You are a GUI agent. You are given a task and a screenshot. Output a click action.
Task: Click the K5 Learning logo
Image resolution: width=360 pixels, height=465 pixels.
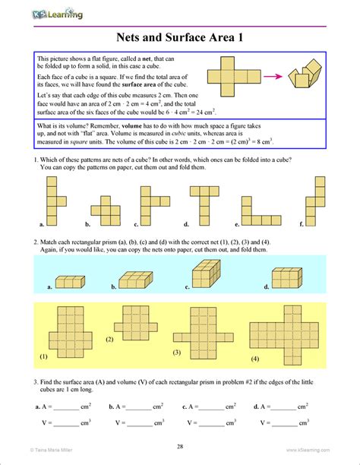[x=57, y=12]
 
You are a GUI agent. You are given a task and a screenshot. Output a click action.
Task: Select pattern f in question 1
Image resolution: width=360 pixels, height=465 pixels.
[x=317, y=200]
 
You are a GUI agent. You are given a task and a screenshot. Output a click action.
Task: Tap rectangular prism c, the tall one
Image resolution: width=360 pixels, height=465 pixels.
[x=206, y=275]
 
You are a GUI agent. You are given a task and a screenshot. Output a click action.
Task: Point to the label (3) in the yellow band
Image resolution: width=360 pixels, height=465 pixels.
[x=177, y=353]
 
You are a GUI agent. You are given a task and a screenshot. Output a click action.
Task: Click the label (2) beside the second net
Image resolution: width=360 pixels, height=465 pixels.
[x=109, y=338]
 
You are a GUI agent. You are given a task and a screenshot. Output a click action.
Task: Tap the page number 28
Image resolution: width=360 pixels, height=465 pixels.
[x=179, y=446]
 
